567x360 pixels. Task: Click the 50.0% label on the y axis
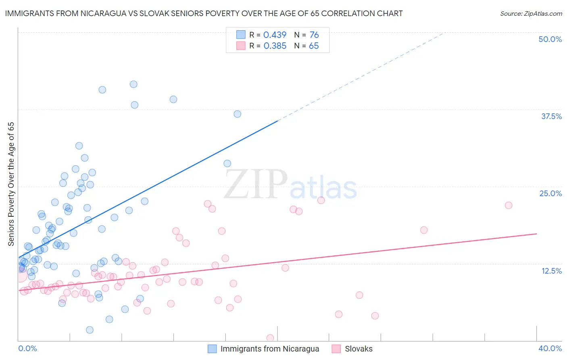coord(550,39)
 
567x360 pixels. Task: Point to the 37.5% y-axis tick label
coord(551,116)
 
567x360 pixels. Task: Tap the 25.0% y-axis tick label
coord(550,193)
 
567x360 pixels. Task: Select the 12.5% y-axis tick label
coord(551,271)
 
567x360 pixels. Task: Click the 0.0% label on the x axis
coord(27,348)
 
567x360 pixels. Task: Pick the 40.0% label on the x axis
coord(550,348)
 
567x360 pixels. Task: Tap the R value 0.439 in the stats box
coord(275,35)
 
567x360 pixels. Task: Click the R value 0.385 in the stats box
coord(275,46)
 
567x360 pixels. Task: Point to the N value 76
coord(314,35)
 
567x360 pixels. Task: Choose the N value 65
coord(313,46)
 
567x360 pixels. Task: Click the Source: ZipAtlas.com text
coord(531,14)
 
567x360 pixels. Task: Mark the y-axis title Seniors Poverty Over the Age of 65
coord(11,184)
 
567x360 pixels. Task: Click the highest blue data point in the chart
coord(133,84)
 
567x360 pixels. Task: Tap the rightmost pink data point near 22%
coord(509,205)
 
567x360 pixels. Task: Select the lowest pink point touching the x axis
coord(270,338)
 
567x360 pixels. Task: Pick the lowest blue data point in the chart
coord(90,330)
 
